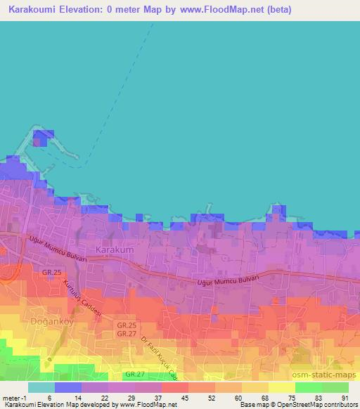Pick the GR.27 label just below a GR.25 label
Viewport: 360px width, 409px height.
click(x=127, y=333)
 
